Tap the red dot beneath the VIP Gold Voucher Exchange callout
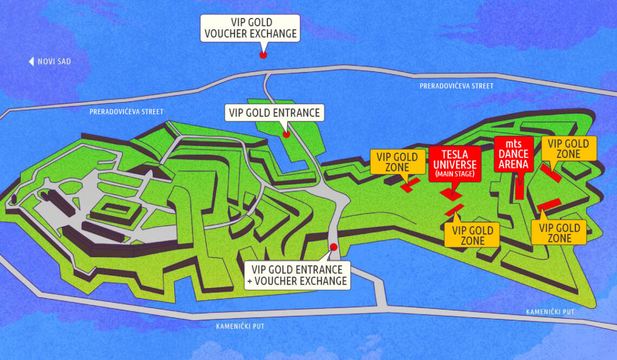[263, 55]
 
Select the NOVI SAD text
[54, 62]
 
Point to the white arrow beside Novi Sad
[31, 62]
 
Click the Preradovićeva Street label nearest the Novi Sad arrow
[126, 112]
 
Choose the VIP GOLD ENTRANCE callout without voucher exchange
[274, 113]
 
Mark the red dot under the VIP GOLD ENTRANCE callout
[286, 134]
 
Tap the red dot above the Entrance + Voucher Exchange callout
[333, 247]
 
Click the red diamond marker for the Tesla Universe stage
[450, 193]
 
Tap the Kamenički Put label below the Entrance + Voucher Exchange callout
[240, 326]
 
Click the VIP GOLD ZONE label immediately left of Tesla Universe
[397, 162]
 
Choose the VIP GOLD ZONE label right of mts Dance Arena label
[568, 149]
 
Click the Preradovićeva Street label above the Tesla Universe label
[456, 86]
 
